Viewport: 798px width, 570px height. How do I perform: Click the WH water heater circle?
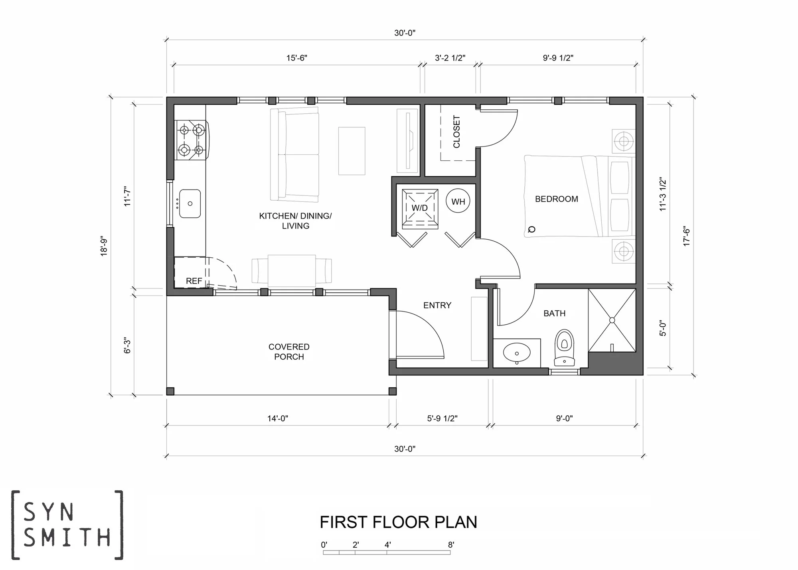pos(458,201)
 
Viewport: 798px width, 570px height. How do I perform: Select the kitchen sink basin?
pos(190,203)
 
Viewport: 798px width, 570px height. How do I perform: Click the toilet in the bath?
pos(564,347)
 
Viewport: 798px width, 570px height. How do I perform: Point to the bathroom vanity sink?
pos(517,353)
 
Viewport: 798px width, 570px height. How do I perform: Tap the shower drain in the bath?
pos(612,320)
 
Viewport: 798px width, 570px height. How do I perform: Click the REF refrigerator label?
pos(194,281)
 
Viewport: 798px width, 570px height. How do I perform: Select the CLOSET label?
pos(456,132)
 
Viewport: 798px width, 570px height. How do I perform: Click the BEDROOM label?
pos(556,199)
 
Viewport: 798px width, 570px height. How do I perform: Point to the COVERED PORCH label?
pos(289,352)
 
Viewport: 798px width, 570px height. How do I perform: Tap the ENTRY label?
pos(437,306)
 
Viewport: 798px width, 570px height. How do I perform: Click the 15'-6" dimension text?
pos(296,58)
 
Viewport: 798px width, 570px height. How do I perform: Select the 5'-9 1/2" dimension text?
pos(442,418)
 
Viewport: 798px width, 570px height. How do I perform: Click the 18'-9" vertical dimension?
pos(104,247)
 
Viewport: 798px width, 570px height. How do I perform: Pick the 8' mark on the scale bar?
pos(451,545)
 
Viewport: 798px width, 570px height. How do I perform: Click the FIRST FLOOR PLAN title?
pos(398,522)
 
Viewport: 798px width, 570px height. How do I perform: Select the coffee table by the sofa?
pos(352,151)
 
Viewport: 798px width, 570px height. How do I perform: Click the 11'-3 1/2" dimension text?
pos(663,194)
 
